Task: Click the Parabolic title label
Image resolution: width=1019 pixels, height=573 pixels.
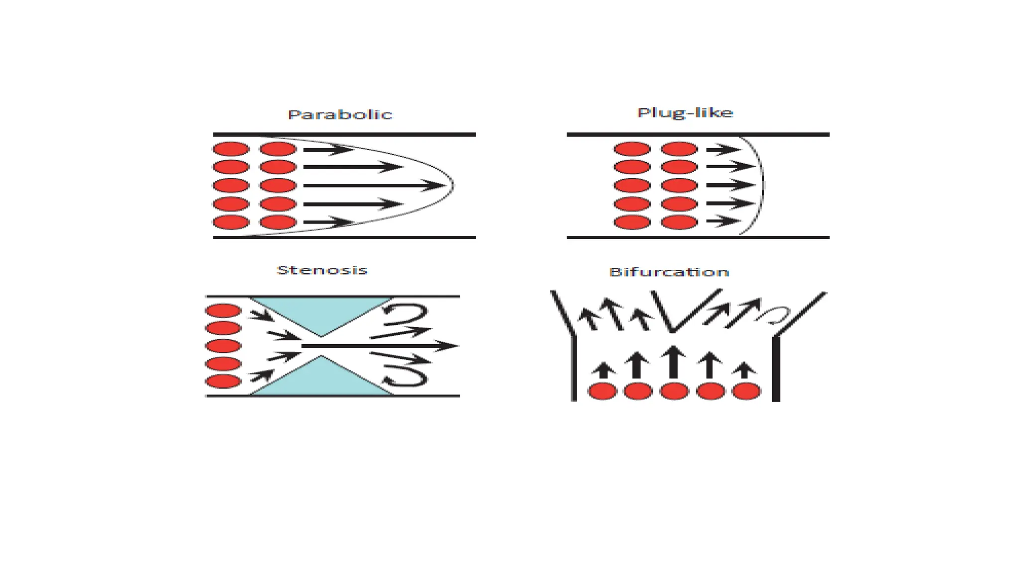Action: (x=340, y=115)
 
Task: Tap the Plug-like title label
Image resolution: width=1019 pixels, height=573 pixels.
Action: (x=685, y=113)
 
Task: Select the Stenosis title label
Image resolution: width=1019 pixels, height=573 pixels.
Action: (x=322, y=271)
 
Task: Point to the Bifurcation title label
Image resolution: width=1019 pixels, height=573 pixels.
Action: (x=669, y=272)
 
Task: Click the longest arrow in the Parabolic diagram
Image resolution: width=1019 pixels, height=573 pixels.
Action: (x=373, y=186)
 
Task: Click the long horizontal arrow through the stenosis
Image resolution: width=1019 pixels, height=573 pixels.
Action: (x=378, y=346)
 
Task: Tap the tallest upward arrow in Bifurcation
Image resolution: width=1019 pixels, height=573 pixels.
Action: (x=674, y=362)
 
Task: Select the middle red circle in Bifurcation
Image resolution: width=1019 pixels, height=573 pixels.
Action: (x=674, y=391)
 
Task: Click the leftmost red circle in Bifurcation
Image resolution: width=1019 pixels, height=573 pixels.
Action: (x=602, y=391)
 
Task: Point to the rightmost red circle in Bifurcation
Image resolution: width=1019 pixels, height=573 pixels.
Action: (x=746, y=391)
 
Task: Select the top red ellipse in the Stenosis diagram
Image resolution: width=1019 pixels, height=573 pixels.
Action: (x=223, y=311)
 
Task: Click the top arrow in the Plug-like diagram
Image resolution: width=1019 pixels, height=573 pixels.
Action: (x=723, y=149)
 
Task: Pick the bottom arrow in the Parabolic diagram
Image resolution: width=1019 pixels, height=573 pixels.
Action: (x=328, y=222)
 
